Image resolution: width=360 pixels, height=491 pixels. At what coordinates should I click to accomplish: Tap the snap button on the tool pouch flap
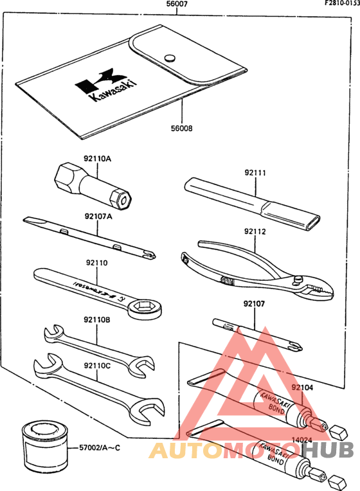pyautogui.click(x=170, y=57)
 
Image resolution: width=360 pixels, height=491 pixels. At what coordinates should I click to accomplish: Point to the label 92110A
pyautogui.click(x=97, y=157)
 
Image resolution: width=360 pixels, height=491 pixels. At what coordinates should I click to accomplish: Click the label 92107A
pyautogui.click(x=98, y=217)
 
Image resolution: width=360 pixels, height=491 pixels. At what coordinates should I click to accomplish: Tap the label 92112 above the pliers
pyautogui.click(x=255, y=231)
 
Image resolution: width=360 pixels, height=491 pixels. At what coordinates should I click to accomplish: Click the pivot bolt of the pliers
pyautogui.click(x=299, y=279)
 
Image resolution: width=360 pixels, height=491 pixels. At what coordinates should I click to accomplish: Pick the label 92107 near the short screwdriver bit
pyautogui.click(x=255, y=304)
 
